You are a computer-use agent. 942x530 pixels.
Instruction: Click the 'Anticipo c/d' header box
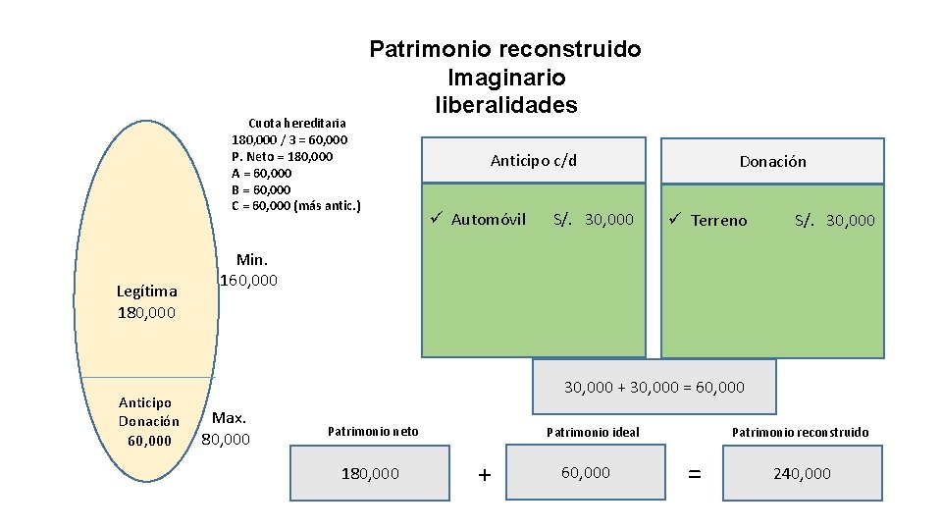coord(534,160)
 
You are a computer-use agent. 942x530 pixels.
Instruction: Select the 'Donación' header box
coord(772,161)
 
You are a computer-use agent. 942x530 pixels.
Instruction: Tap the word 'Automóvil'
coord(488,219)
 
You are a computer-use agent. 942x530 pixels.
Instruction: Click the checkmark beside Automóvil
coord(438,218)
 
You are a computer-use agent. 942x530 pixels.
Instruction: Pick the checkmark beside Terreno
coord(677,219)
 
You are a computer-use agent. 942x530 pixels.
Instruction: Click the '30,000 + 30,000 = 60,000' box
coord(654,387)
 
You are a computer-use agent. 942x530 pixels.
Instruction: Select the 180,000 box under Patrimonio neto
coord(370,473)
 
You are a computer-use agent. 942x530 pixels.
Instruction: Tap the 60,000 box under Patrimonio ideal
coord(585,472)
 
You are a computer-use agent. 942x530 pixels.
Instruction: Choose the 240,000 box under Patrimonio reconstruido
coord(802,473)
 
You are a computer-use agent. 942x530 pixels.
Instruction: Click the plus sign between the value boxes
coord(484,475)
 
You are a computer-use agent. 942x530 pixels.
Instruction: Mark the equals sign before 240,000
coord(694,474)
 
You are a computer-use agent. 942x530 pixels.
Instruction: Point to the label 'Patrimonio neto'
coord(372,431)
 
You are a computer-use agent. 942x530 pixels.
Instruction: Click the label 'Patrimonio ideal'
coord(592,432)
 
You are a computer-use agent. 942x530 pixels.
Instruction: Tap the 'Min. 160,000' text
coord(249,270)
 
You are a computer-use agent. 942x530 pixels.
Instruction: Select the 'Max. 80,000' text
coord(227,428)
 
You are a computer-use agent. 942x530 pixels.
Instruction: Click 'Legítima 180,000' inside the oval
coord(146,301)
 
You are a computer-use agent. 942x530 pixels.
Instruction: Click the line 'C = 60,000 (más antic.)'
coord(295,205)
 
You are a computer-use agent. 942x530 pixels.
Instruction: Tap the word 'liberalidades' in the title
coord(505,104)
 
